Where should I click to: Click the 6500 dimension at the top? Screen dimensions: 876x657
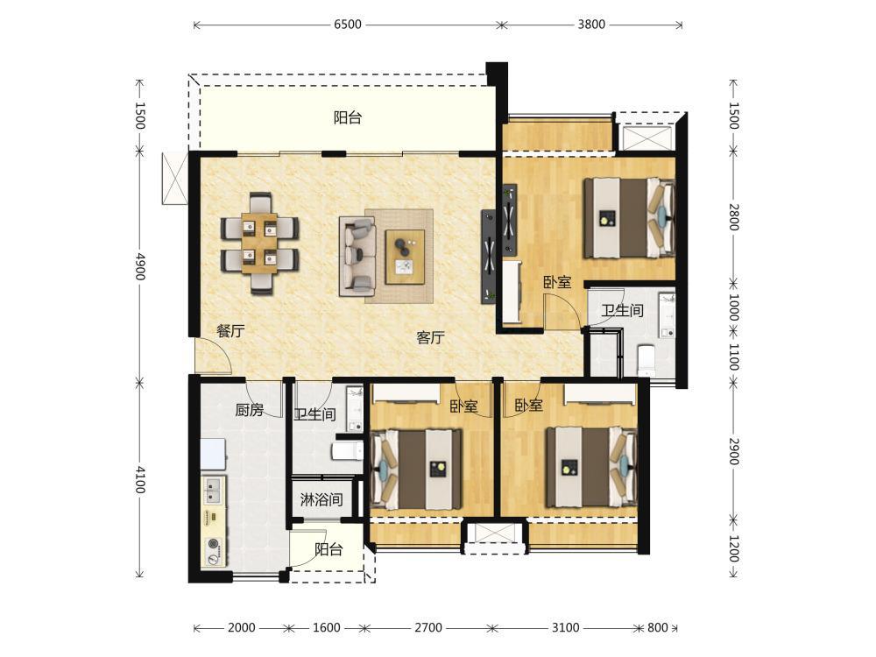click(348, 25)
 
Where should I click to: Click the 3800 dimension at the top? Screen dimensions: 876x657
click(591, 25)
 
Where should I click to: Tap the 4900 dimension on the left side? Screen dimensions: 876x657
click(139, 266)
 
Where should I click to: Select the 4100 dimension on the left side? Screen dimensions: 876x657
click(139, 480)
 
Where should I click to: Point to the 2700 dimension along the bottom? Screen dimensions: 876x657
click(428, 627)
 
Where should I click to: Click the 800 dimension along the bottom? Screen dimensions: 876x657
click(658, 627)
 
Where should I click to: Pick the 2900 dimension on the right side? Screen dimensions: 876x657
click(734, 451)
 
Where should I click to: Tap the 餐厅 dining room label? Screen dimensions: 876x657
click(230, 331)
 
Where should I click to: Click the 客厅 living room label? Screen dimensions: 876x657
click(430, 337)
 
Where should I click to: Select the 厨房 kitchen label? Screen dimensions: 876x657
click(249, 411)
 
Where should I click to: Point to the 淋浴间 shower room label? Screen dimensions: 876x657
click(321, 499)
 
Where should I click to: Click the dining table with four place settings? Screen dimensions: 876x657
click(259, 243)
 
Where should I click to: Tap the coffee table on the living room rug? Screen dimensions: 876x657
click(405, 258)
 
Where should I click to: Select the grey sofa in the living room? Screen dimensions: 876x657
click(357, 257)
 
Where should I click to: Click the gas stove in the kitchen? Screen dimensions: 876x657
click(214, 550)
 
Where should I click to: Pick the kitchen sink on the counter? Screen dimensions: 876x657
click(214, 490)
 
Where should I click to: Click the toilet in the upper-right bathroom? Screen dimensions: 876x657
click(646, 360)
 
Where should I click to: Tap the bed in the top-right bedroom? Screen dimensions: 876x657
click(629, 217)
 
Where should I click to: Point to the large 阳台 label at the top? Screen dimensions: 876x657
click(348, 118)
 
